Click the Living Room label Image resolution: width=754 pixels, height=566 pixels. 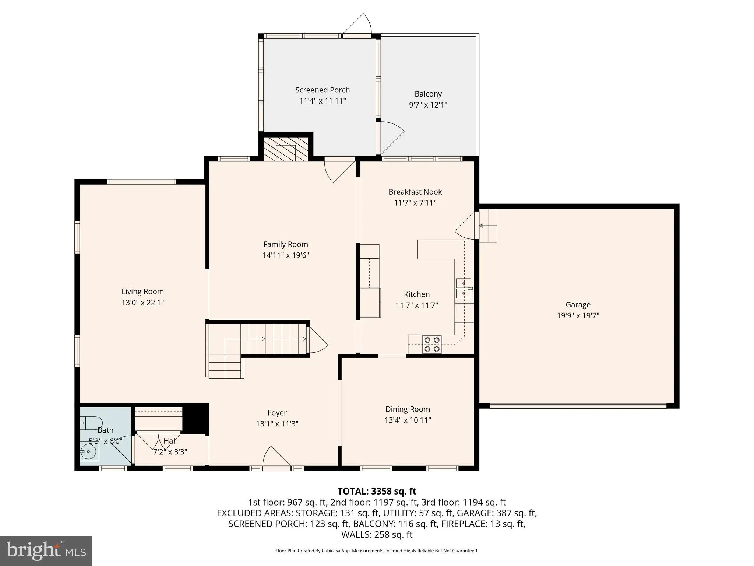point(142,291)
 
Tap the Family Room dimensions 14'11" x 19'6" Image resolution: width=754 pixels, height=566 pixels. point(286,255)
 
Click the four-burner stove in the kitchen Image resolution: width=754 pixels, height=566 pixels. point(432,345)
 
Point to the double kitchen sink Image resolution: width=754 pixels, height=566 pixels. point(464,288)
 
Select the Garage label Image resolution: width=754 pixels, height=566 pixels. point(578,305)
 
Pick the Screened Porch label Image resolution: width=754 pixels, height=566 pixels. point(323,90)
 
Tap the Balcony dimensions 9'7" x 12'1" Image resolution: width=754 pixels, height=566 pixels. point(428,105)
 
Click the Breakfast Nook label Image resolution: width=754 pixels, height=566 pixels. point(415,192)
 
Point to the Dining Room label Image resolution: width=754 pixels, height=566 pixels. point(408,409)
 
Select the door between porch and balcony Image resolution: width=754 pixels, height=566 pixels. point(390,138)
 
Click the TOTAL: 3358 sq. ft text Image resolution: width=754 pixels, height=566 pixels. point(377,491)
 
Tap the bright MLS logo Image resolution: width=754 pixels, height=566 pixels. point(46,550)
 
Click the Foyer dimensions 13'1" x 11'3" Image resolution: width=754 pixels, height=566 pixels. point(277,424)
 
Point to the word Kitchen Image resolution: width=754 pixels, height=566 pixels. point(417,294)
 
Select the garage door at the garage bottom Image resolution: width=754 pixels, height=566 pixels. point(578,406)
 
